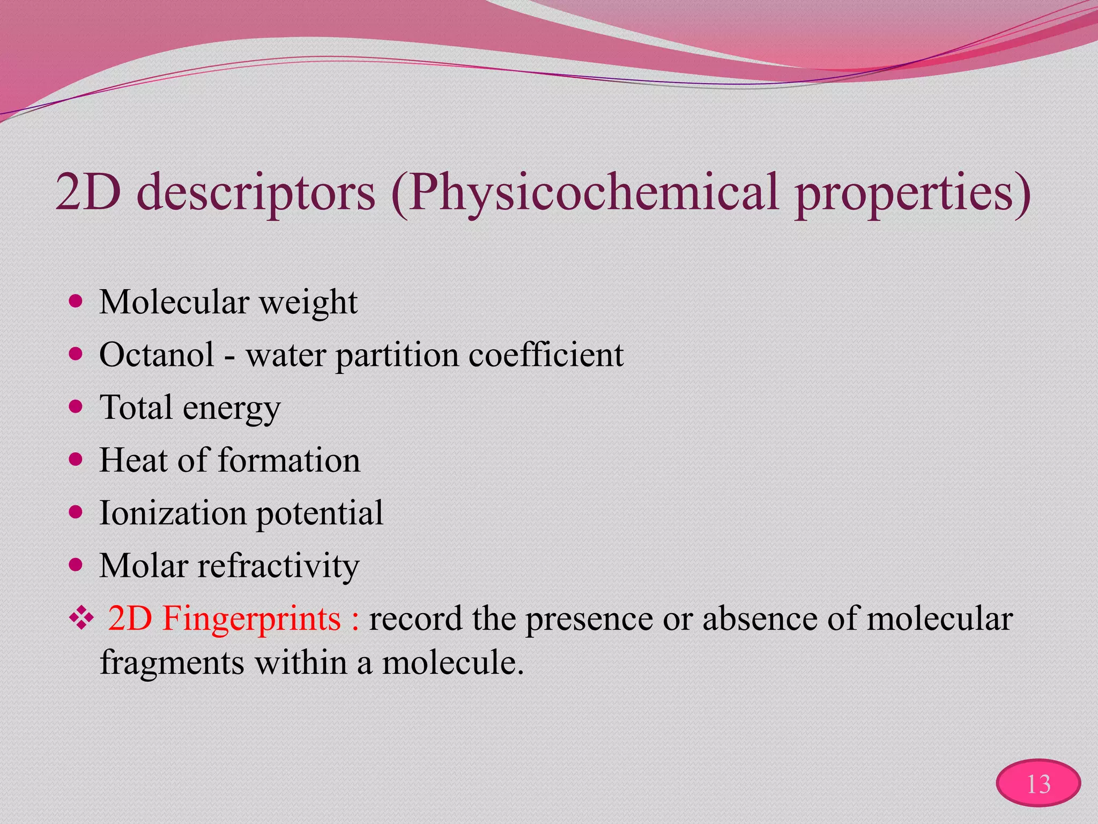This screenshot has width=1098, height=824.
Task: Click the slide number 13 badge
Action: coord(1038,784)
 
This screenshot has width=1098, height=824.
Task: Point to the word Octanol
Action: coord(157,355)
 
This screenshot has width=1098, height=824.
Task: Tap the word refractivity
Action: coord(278,566)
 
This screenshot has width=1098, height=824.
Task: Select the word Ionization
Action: coord(173,513)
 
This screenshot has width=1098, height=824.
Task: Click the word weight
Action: coord(308,303)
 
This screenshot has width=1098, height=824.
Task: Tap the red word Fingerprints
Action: coord(251,619)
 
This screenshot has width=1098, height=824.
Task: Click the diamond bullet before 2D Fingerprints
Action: coord(81,619)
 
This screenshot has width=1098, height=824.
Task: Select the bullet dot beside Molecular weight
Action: coord(76,301)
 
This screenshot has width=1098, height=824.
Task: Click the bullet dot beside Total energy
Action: coord(76,407)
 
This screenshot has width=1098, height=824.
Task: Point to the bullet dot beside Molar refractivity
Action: coord(76,565)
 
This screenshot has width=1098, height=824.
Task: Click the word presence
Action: coord(589,619)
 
